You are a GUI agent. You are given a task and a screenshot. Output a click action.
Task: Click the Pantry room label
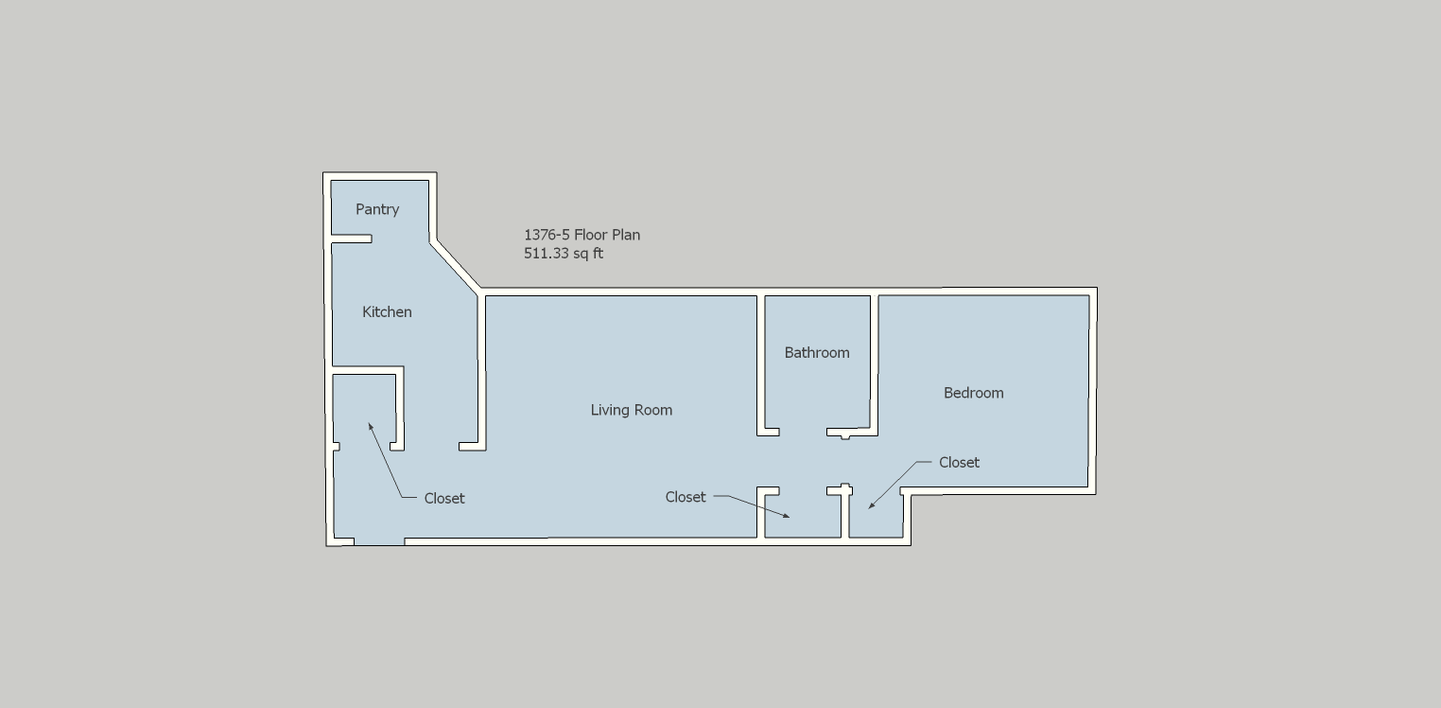point(377,209)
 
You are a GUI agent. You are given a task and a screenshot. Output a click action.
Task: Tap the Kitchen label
point(387,311)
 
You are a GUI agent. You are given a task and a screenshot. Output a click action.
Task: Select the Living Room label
point(631,410)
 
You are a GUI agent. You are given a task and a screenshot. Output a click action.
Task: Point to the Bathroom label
point(816,352)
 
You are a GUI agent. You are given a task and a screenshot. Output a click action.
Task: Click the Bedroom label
point(973,393)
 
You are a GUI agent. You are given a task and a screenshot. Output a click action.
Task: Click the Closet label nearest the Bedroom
point(959,463)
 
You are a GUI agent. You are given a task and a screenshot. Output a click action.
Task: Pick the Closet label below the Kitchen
point(443,498)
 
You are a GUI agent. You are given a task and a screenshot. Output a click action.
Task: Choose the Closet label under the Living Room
point(686,497)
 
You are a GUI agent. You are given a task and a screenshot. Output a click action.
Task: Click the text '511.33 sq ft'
point(563,253)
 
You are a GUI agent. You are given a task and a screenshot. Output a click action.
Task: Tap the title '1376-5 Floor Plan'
point(582,235)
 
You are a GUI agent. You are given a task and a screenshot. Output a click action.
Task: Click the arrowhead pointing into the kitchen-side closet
point(370,426)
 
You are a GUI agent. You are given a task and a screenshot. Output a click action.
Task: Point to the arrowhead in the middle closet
point(786,515)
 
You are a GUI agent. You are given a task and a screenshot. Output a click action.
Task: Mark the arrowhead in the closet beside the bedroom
point(872,505)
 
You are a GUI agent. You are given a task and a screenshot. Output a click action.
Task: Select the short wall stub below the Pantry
point(351,239)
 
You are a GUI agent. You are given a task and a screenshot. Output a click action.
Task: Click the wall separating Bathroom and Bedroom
point(875,365)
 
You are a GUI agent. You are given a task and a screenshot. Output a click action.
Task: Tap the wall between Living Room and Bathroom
point(760,365)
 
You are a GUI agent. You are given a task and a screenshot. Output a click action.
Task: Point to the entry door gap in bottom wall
point(379,541)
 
